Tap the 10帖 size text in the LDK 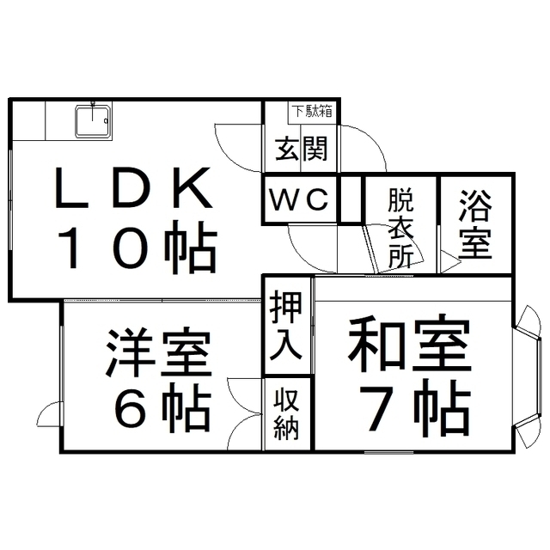(x=136, y=248)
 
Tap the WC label (x=300, y=200)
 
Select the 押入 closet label (x=287, y=326)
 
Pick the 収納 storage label (x=287, y=414)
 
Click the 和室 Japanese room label (x=409, y=345)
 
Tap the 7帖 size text (x=409, y=411)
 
